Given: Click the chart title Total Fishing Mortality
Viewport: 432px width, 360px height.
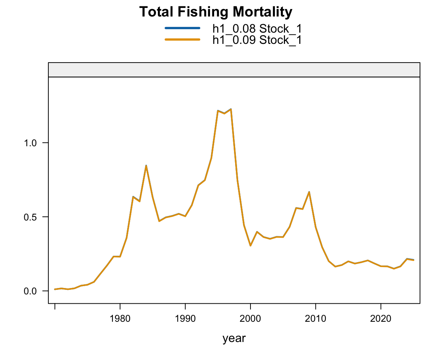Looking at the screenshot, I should [x=216, y=12].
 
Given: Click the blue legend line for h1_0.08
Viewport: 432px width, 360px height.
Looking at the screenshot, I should [x=182, y=28].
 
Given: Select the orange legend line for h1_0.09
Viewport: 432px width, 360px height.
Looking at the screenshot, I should [x=182, y=39].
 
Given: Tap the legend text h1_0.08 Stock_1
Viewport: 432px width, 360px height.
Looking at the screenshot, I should [x=257, y=28].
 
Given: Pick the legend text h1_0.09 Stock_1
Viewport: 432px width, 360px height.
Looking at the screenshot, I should [x=257, y=39].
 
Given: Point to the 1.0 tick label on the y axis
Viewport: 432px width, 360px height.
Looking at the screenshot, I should [x=31, y=143].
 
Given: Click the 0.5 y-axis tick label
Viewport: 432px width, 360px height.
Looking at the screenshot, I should [x=31, y=217].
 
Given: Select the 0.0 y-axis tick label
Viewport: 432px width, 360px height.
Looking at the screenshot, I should [x=31, y=291].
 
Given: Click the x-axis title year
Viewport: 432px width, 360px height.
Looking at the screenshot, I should [x=234, y=338].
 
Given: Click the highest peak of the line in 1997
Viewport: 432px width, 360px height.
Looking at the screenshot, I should [x=231, y=109].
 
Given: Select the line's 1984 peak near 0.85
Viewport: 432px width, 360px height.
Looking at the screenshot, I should [x=146, y=165].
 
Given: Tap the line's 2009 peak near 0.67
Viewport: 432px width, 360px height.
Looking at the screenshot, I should [x=309, y=192].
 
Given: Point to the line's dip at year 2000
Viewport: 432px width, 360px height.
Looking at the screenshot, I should [x=250, y=246].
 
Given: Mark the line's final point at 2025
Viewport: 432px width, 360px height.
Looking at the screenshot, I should [x=414, y=260].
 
